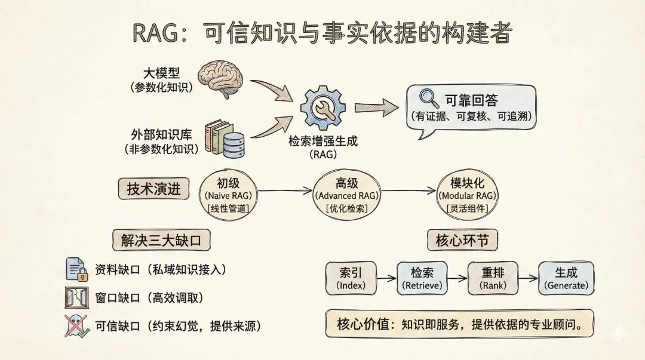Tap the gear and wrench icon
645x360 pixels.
pyautogui.click(x=322, y=109)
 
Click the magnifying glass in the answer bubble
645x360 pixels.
pyautogui.click(x=428, y=98)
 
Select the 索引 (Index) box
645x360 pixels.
pyautogui.click(x=351, y=278)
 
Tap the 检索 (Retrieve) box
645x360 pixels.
pyautogui.click(x=422, y=278)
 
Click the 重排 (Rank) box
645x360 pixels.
pyautogui.click(x=494, y=278)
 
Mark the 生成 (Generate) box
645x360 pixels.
pyautogui.click(x=566, y=278)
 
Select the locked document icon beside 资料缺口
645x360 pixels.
pyautogui.click(x=77, y=270)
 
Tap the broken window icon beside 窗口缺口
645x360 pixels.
pyautogui.click(x=77, y=297)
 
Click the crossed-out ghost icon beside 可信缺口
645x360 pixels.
pyautogui.click(x=77, y=326)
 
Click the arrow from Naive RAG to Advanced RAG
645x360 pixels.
pyautogui.click(x=285, y=191)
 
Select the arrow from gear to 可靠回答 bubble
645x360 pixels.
pyautogui.click(x=376, y=108)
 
